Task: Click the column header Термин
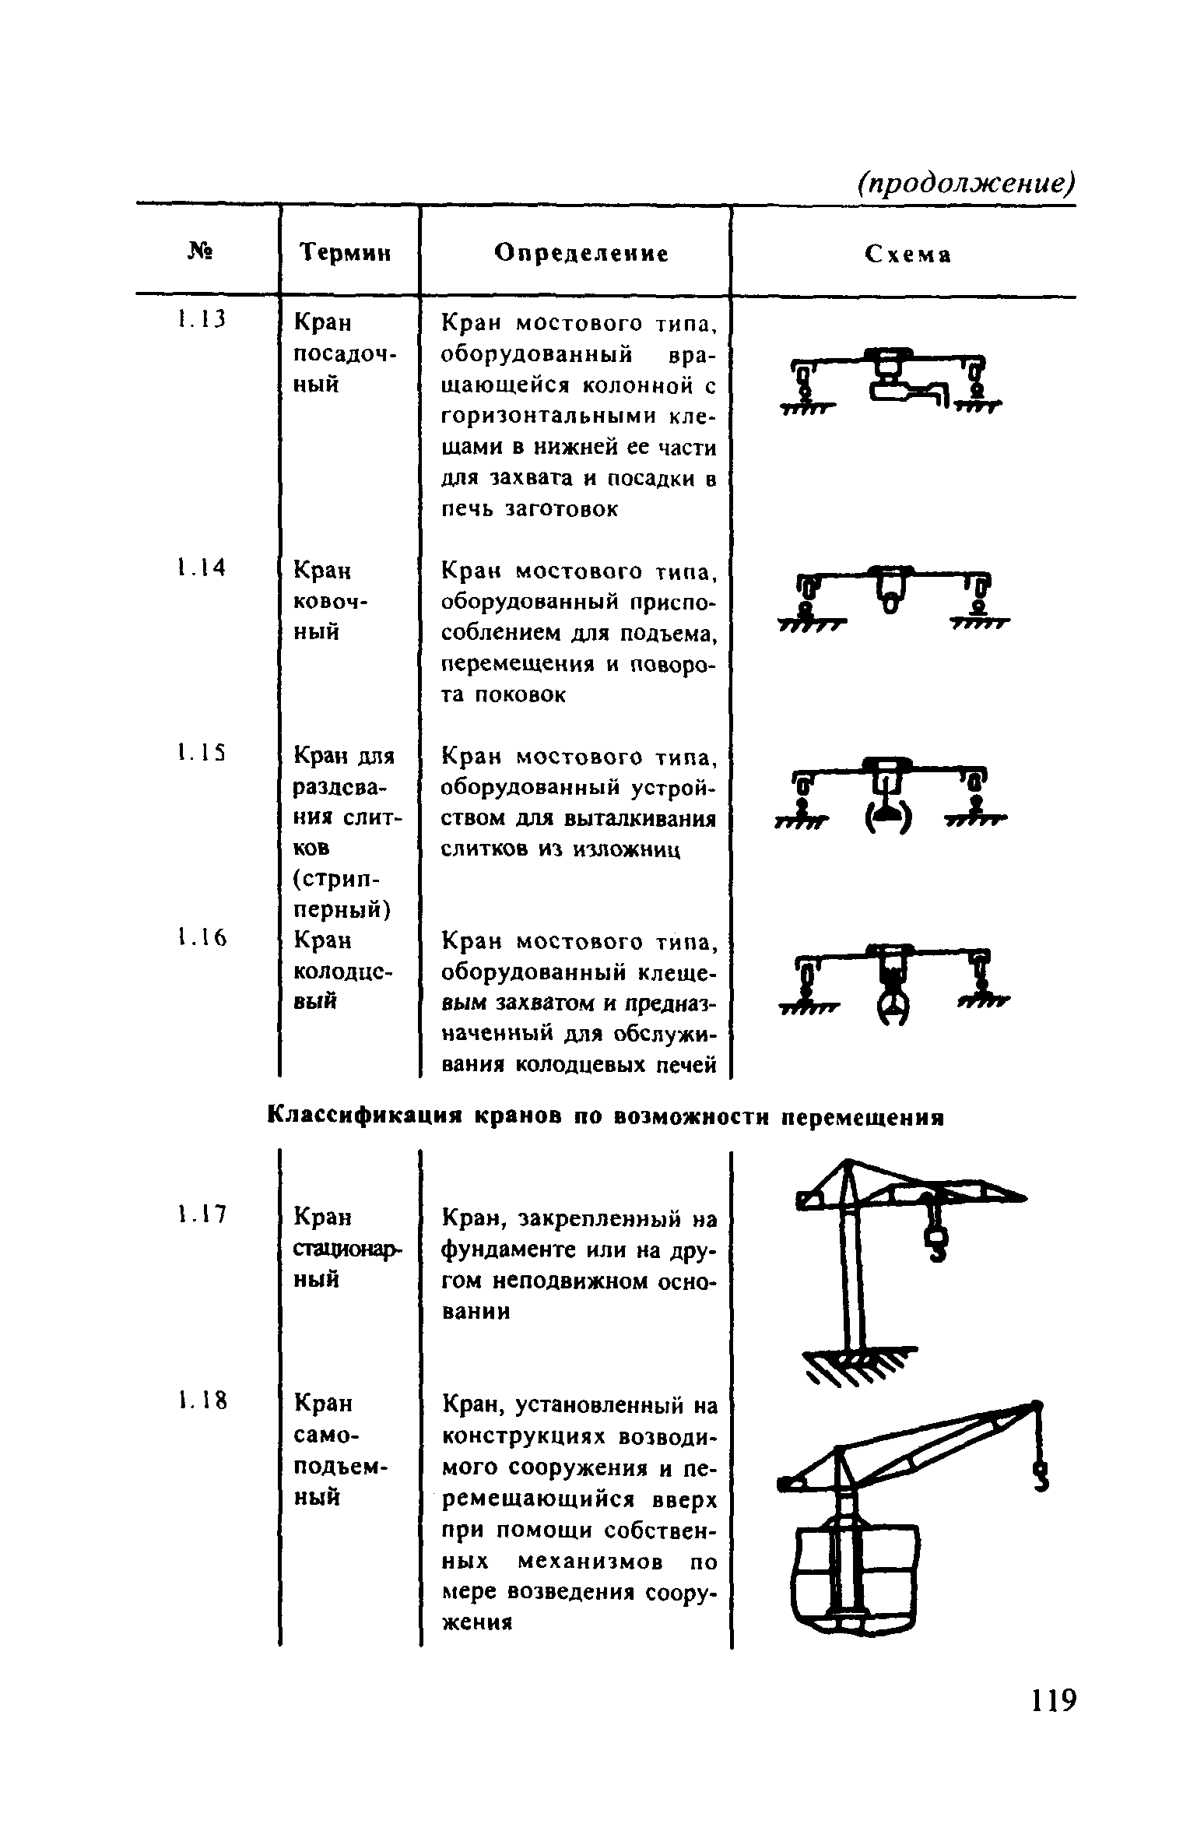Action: point(345,253)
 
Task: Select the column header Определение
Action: point(581,253)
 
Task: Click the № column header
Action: point(201,251)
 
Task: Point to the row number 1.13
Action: point(200,319)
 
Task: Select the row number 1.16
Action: point(201,939)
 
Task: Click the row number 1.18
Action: point(201,1402)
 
